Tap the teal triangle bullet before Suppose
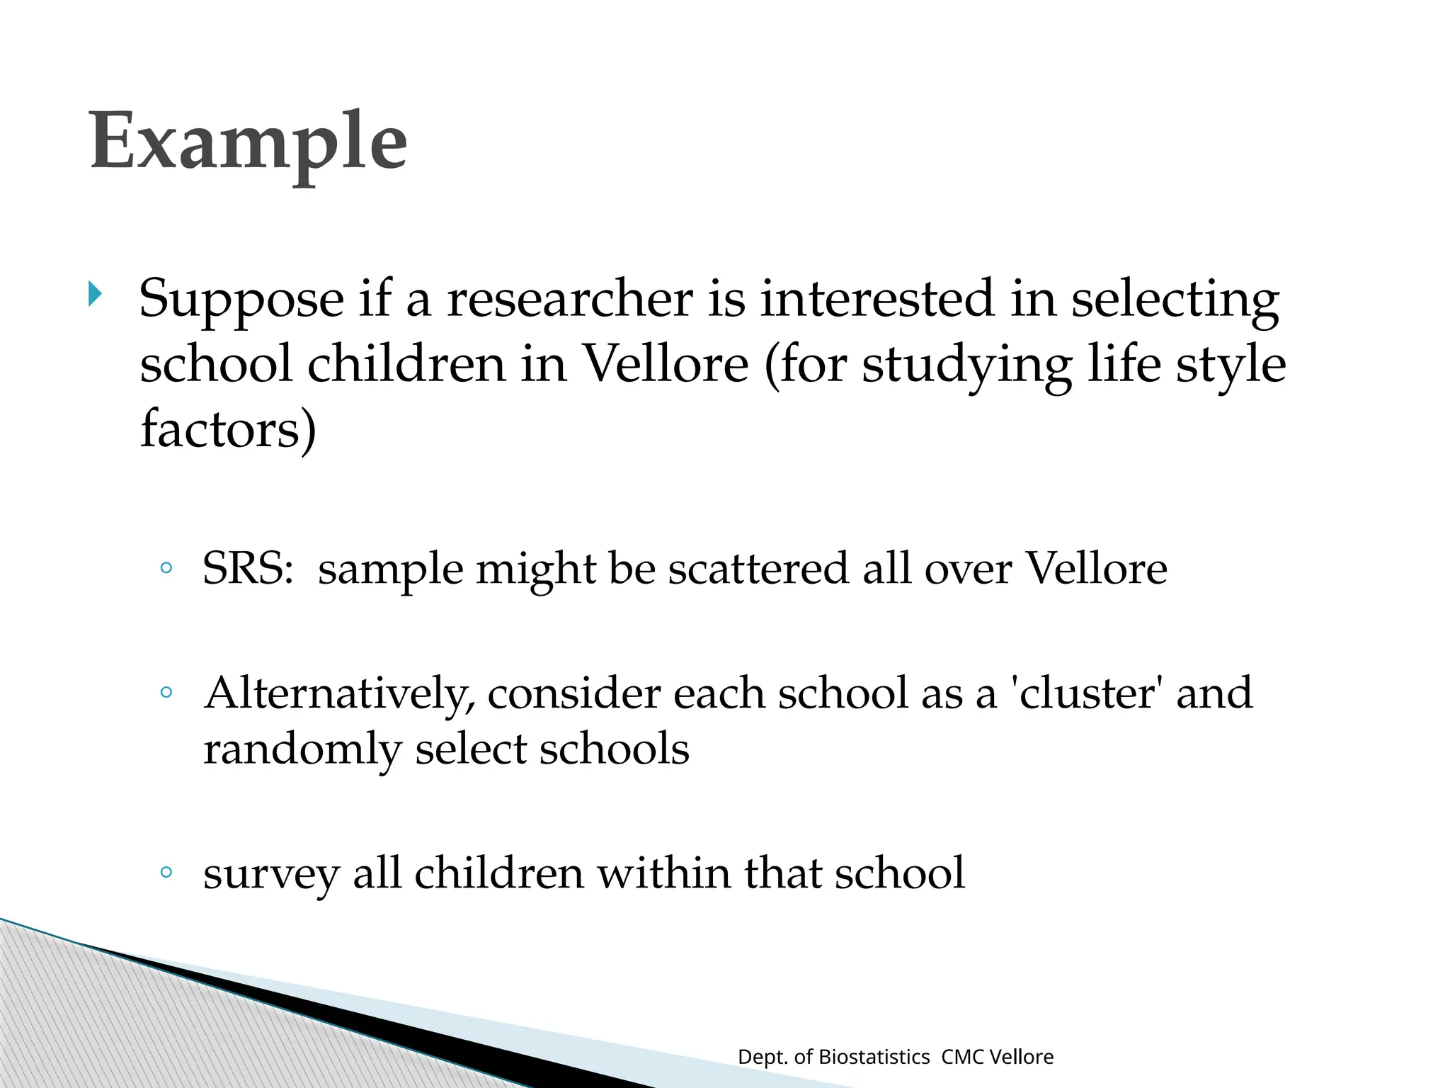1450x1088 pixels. click(95, 293)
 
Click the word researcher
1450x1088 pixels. click(570, 299)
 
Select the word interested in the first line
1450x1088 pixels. click(877, 299)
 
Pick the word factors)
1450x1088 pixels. click(228, 429)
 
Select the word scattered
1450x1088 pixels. click(758, 569)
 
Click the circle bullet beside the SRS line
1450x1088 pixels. click(166, 567)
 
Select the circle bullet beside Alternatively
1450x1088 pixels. click(166, 692)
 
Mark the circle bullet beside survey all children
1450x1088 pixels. click(166, 872)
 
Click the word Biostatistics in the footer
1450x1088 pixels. click(874, 1057)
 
